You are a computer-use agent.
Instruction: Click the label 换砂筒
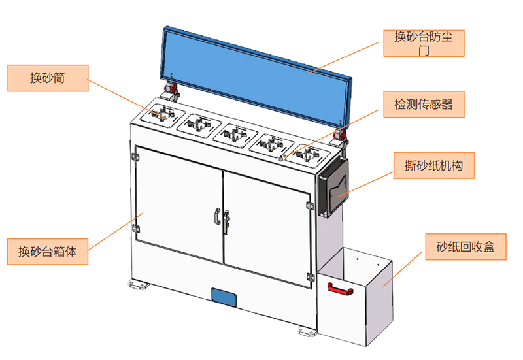(x=47, y=78)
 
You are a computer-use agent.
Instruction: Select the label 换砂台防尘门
(x=424, y=42)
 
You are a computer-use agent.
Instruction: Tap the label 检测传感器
(x=424, y=104)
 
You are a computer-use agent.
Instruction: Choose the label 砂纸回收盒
(x=466, y=246)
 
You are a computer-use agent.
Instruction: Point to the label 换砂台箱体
(x=47, y=251)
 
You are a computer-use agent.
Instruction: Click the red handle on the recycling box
(x=339, y=288)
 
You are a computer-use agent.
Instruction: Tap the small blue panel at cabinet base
(x=224, y=297)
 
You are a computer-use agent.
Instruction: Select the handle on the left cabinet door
(x=216, y=216)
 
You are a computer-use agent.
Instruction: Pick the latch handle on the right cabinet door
(x=227, y=219)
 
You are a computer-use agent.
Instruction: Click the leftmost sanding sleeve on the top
(x=162, y=114)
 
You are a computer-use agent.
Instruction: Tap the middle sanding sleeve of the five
(x=235, y=134)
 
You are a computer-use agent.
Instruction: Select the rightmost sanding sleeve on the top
(x=306, y=155)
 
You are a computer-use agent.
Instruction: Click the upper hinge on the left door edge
(x=136, y=158)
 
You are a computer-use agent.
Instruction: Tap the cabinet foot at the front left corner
(x=138, y=285)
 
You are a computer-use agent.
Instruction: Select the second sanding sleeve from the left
(x=199, y=123)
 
